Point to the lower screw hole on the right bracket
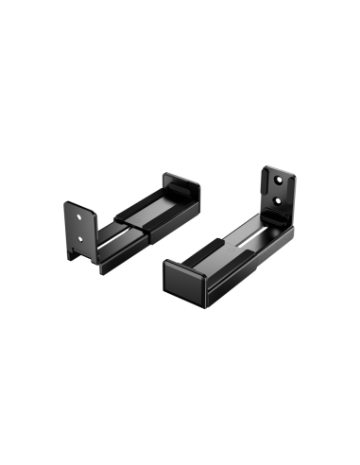(280, 201)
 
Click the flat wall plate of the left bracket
(80, 227)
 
